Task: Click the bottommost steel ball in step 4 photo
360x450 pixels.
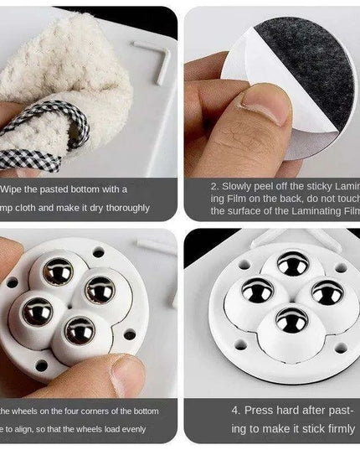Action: pyautogui.click(x=293, y=320)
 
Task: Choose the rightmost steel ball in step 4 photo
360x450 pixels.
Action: pyautogui.click(x=327, y=292)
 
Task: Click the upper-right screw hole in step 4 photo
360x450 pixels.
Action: pyautogui.click(x=341, y=269)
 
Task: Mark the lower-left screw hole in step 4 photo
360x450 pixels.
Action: pyautogui.click(x=243, y=344)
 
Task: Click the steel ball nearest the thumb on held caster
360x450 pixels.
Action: pyautogui.click(x=80, y=331)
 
